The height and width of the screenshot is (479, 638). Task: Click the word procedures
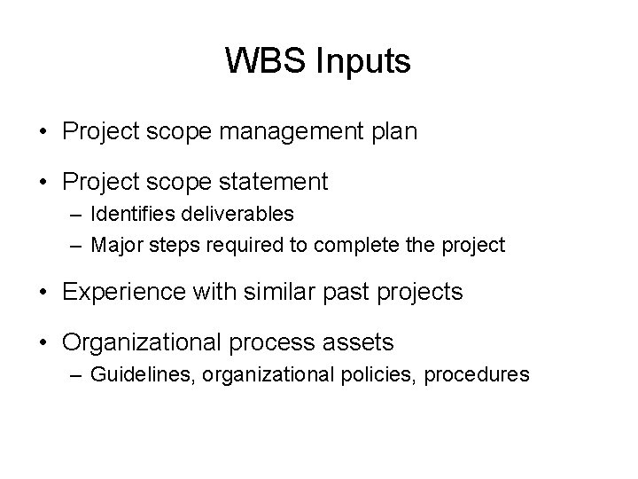[x=477, y=373]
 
